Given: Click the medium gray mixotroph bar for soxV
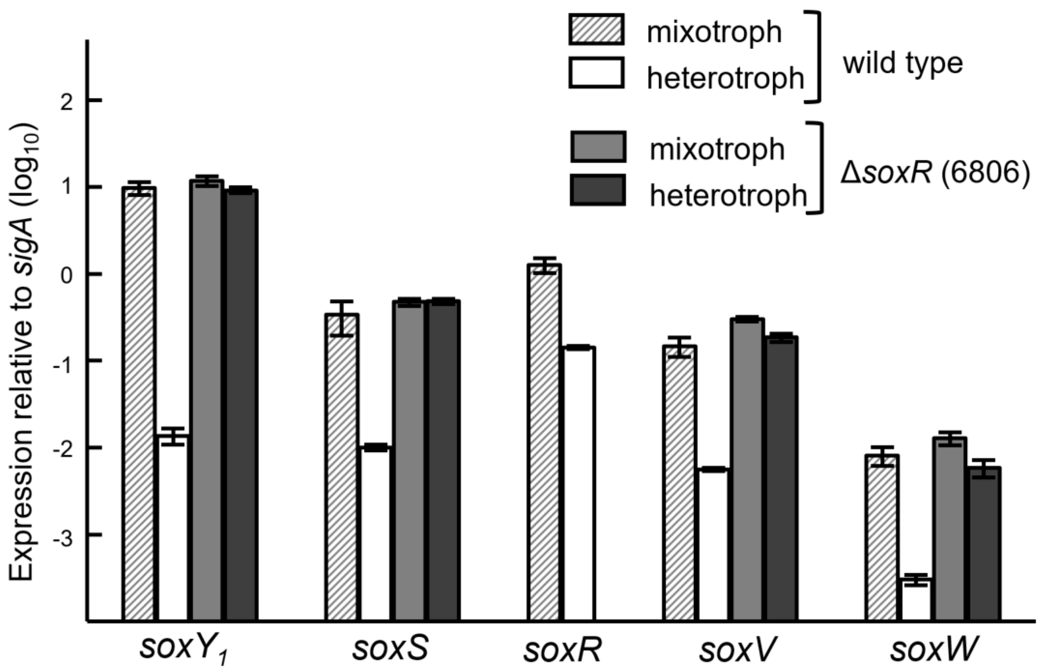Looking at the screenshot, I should coord(748,469).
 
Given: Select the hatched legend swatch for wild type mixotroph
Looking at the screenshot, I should coord(596,29).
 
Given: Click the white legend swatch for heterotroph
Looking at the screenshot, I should coord(596,73).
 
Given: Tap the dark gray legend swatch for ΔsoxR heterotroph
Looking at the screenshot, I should coord(598,190).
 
